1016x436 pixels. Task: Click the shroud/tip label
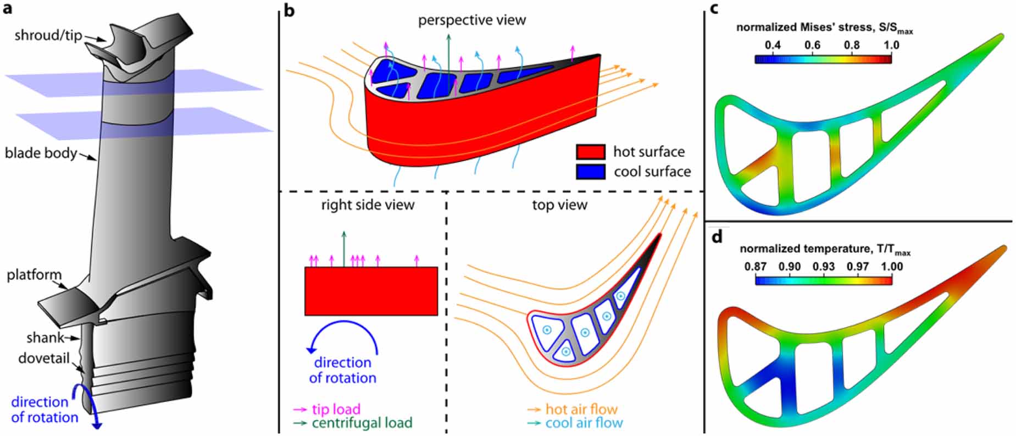coord(48,36)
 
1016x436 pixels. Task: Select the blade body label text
coord(41,152)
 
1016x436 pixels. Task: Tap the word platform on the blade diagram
coord(34,274)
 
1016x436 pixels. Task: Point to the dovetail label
coord(44,358)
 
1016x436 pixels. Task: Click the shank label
coord(45,338)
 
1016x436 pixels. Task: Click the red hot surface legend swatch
coord(590,152)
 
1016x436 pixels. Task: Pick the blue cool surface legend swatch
coord(590,172)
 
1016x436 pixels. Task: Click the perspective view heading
coord(471,20)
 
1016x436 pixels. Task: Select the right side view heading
coord(368,205)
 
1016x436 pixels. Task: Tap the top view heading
coord(559,205)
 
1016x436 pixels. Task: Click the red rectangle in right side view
coord(371,291)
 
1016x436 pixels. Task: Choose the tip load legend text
coord(336,409)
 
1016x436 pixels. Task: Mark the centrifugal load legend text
coord(362,423)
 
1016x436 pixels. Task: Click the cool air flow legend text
coord(584,423)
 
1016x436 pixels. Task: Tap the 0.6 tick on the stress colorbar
coord(812,45)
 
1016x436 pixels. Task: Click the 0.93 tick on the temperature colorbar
coord(824,267)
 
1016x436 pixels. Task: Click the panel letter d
coord(717,237)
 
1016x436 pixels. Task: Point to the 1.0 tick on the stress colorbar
coord(891,45)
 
